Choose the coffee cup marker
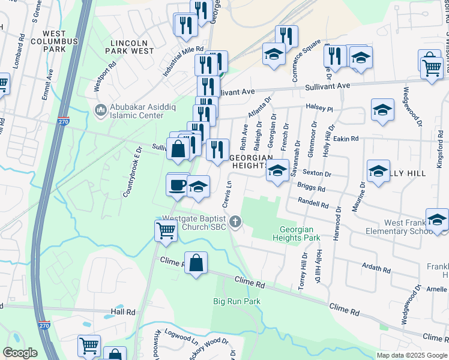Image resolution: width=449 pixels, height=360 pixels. click(177, 185)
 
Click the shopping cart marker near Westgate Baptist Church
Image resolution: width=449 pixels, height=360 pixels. click(165, 230)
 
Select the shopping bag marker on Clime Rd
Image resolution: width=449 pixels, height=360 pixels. click(196, 263)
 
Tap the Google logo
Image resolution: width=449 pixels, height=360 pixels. click(20, 353)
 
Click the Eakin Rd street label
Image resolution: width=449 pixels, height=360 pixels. click(346, 139)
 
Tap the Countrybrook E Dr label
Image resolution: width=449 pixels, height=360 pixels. click(131, 172)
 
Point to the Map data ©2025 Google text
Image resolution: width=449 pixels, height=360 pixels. click(412, 355)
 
